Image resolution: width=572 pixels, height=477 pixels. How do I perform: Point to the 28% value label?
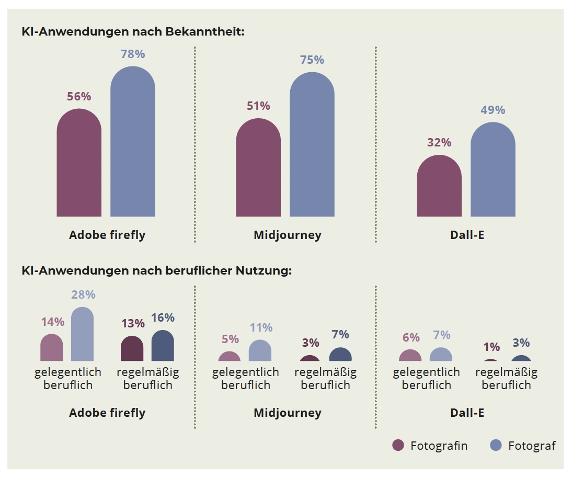click(83, 294)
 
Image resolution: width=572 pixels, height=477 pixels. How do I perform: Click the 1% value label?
click(491, 347)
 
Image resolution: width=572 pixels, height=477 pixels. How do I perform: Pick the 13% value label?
click(133, 323)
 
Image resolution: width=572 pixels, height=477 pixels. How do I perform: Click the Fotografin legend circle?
click(398, 445)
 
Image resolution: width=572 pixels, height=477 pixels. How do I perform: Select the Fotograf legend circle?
click(496, 445)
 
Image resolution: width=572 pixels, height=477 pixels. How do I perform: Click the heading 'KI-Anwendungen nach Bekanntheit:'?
click(133, 32)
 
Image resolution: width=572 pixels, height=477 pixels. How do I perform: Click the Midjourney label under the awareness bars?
click(287, 235)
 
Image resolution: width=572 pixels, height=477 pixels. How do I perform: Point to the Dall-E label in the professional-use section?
click(467, 413)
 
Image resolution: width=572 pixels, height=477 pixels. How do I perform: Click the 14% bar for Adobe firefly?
click(51, 348)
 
